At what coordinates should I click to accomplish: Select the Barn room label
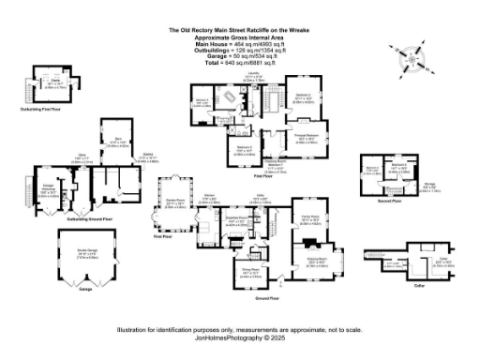(x=113, y=142)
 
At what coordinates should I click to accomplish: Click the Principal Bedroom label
(x=313, y=140)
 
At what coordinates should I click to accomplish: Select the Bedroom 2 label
(x=241, y=148)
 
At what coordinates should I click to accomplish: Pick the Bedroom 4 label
(x=201, y=101)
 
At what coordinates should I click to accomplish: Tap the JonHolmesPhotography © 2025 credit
(x=240, y=337)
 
